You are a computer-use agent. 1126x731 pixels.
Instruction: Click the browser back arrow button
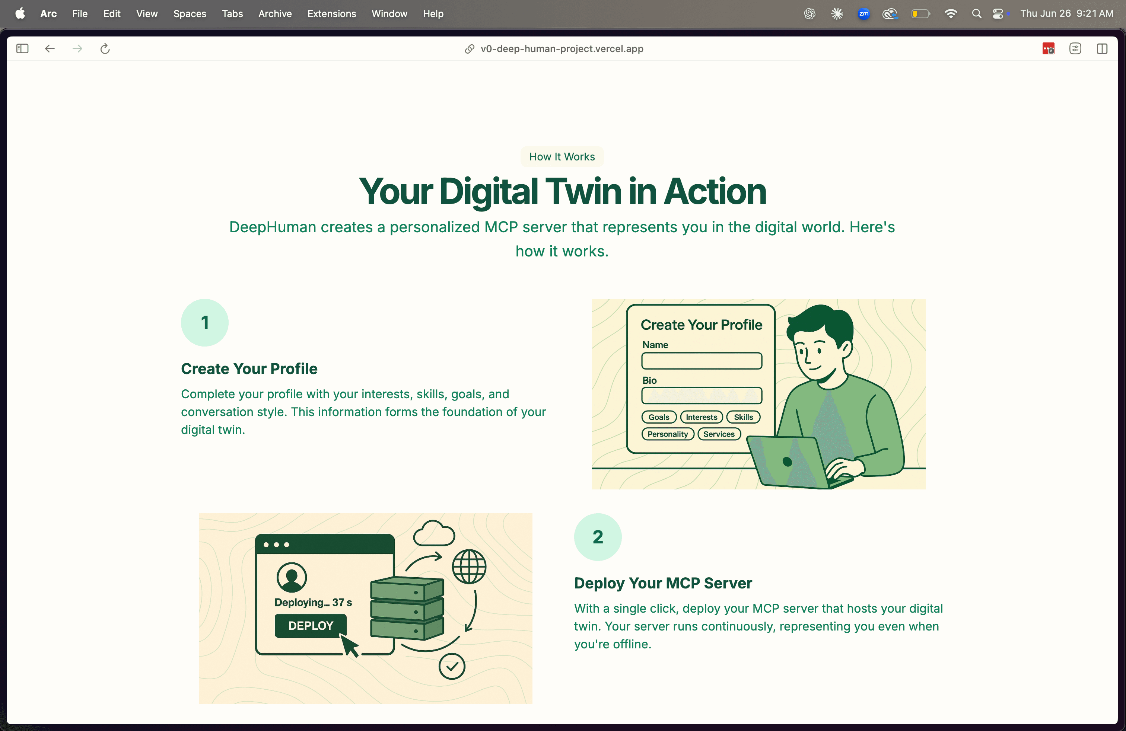click(50, 49)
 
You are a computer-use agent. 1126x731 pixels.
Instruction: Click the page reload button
click(105, 49)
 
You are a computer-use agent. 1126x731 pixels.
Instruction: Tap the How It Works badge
click(562, 156)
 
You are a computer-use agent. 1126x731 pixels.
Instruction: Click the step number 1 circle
click(204, 322)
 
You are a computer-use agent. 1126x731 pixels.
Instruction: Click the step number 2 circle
click(598, 537)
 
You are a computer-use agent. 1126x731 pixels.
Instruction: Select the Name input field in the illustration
click(701, 361)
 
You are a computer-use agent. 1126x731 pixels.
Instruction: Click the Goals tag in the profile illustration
click(659, 417)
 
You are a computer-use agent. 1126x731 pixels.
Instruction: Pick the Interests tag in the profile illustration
click(701, 417)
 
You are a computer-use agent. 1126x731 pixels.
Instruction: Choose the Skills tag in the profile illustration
click(743, 417)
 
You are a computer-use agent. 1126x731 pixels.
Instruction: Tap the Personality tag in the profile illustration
click(668, 434)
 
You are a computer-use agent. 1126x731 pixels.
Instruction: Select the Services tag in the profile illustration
click(719, 434)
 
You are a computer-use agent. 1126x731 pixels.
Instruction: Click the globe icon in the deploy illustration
click(469, 566)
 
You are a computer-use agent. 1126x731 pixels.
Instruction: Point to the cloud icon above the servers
click(434, 534)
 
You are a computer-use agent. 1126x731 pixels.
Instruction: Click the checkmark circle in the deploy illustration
click(452, 666)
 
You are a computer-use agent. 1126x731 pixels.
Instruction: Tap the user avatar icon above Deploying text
click(292, 577)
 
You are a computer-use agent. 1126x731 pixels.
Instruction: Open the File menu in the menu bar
click(79, 14)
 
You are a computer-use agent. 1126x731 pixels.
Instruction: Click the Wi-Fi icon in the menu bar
click(950, 14)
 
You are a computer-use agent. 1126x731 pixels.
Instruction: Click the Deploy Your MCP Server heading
click(663, 583)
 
